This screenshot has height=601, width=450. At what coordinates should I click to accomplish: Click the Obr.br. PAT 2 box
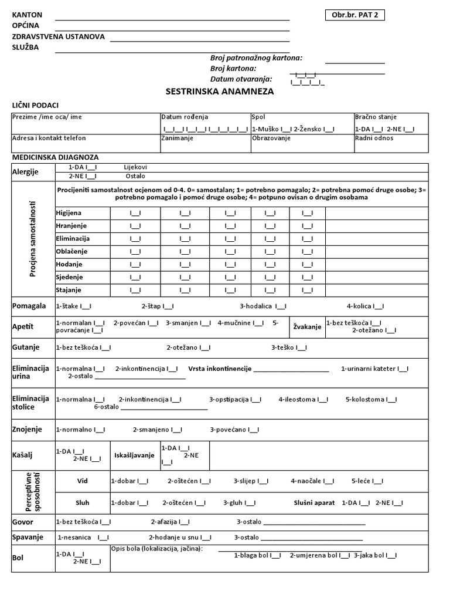tap(355, 15)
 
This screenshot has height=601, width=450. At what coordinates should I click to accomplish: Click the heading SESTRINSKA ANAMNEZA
tap(220, 92)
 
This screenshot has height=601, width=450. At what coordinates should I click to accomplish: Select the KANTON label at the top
tap(27, 15)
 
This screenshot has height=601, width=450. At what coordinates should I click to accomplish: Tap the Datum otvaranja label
tap(241, 79)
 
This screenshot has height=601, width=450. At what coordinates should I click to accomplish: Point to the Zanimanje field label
tap(177, 138)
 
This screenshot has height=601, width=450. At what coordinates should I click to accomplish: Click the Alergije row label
tap(26, 171)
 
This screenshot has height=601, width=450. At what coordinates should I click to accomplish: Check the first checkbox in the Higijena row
tap(135, 212)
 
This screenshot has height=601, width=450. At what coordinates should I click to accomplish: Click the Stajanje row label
tap(69, 290)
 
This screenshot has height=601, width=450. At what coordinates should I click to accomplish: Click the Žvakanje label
tap(308, 327)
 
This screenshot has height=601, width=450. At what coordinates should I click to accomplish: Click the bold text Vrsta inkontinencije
tap(220, 369)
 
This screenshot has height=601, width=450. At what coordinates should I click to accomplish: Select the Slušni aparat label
tap(314, 502)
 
